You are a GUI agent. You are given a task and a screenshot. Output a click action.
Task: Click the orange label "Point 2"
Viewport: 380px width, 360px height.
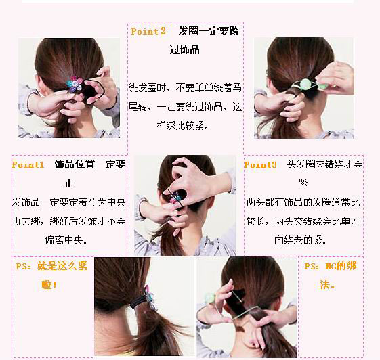pyautogui.click(x=148, y=31)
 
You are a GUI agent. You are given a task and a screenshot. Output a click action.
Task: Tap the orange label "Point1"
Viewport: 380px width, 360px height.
pyautogui.click(x=28, y=165)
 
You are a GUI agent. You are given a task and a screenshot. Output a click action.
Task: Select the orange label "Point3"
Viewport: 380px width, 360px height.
pyautogui.click(x=260, y=165)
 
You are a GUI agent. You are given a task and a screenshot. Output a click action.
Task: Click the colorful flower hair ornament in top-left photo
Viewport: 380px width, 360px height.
pyautogui.click(x=73, y=83)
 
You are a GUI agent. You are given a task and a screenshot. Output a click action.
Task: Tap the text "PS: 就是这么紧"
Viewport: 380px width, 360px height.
pyautogui.click(x=51, y=266)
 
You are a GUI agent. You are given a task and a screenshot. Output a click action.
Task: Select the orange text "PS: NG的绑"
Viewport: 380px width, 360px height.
pyautogui.click(x=331, y=266)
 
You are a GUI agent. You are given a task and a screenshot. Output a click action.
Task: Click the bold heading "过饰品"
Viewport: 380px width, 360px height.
pyautogui.click(x=184, y=50)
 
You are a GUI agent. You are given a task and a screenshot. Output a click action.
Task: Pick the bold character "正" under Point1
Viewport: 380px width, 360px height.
pyautogui.click(x=69, y=183)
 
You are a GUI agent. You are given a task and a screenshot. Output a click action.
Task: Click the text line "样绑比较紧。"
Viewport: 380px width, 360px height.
pyautogui.click(x=183, y=126)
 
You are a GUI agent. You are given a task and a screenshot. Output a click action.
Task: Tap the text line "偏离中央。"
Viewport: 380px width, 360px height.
pyautogui.click(x=66, y=240)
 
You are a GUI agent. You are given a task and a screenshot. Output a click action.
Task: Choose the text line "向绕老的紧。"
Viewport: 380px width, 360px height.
pyautogui.click(x=301, y=240)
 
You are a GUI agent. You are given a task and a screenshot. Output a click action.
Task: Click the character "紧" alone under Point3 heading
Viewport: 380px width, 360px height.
pyautogui.click(x=303, y=183)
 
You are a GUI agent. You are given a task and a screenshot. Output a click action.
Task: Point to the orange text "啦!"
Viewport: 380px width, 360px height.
pyautogui.click(x=49, y=285)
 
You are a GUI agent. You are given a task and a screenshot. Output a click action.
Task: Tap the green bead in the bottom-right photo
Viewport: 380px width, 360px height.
pyautogui.click(x=210, y=298)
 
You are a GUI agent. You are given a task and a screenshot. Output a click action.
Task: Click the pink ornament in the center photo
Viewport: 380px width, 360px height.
pyautogui.click(x=174, y=200)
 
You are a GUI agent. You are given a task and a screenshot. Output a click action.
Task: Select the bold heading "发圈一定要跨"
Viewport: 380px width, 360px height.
pyautogui.click(x=209, y=31)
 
